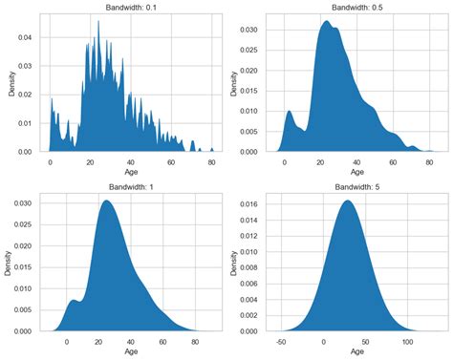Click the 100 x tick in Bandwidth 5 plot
408,340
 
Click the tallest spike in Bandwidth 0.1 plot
97,22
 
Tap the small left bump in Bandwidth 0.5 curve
291,112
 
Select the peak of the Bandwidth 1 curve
107,201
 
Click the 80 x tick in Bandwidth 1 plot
195,340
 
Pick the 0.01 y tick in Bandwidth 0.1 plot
29,123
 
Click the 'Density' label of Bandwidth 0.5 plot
234,81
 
